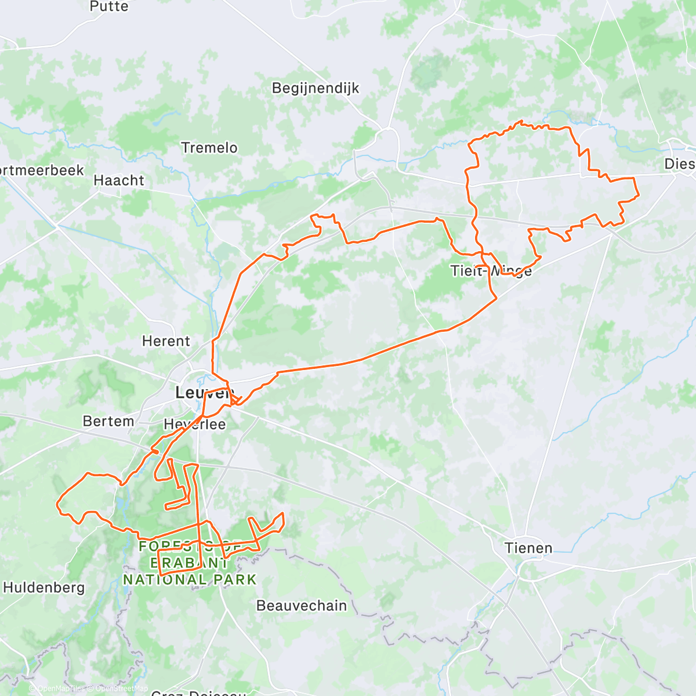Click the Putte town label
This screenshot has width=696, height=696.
pos(109,6)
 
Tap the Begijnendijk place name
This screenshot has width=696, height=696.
pos(316,88)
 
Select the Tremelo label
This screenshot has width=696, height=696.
pos(209,148)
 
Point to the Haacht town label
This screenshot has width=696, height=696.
pos(119,180)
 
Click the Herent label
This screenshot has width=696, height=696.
pos(166,341)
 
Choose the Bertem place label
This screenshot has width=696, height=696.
pos(108,421)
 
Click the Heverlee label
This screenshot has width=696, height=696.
pos(195,425)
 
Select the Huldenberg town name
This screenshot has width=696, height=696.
pos(44,588)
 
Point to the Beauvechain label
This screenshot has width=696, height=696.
pos(302,606)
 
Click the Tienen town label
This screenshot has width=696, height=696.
pos(528,548)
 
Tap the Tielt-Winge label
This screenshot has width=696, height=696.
pos(491,271)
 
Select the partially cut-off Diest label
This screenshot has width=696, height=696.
pos(679,164)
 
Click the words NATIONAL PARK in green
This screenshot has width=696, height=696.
pos(190,579)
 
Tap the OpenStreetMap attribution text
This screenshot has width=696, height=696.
pos(122,688)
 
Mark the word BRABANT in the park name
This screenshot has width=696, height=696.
pos(190,563)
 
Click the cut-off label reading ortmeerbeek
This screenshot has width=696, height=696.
pos(42,171)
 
